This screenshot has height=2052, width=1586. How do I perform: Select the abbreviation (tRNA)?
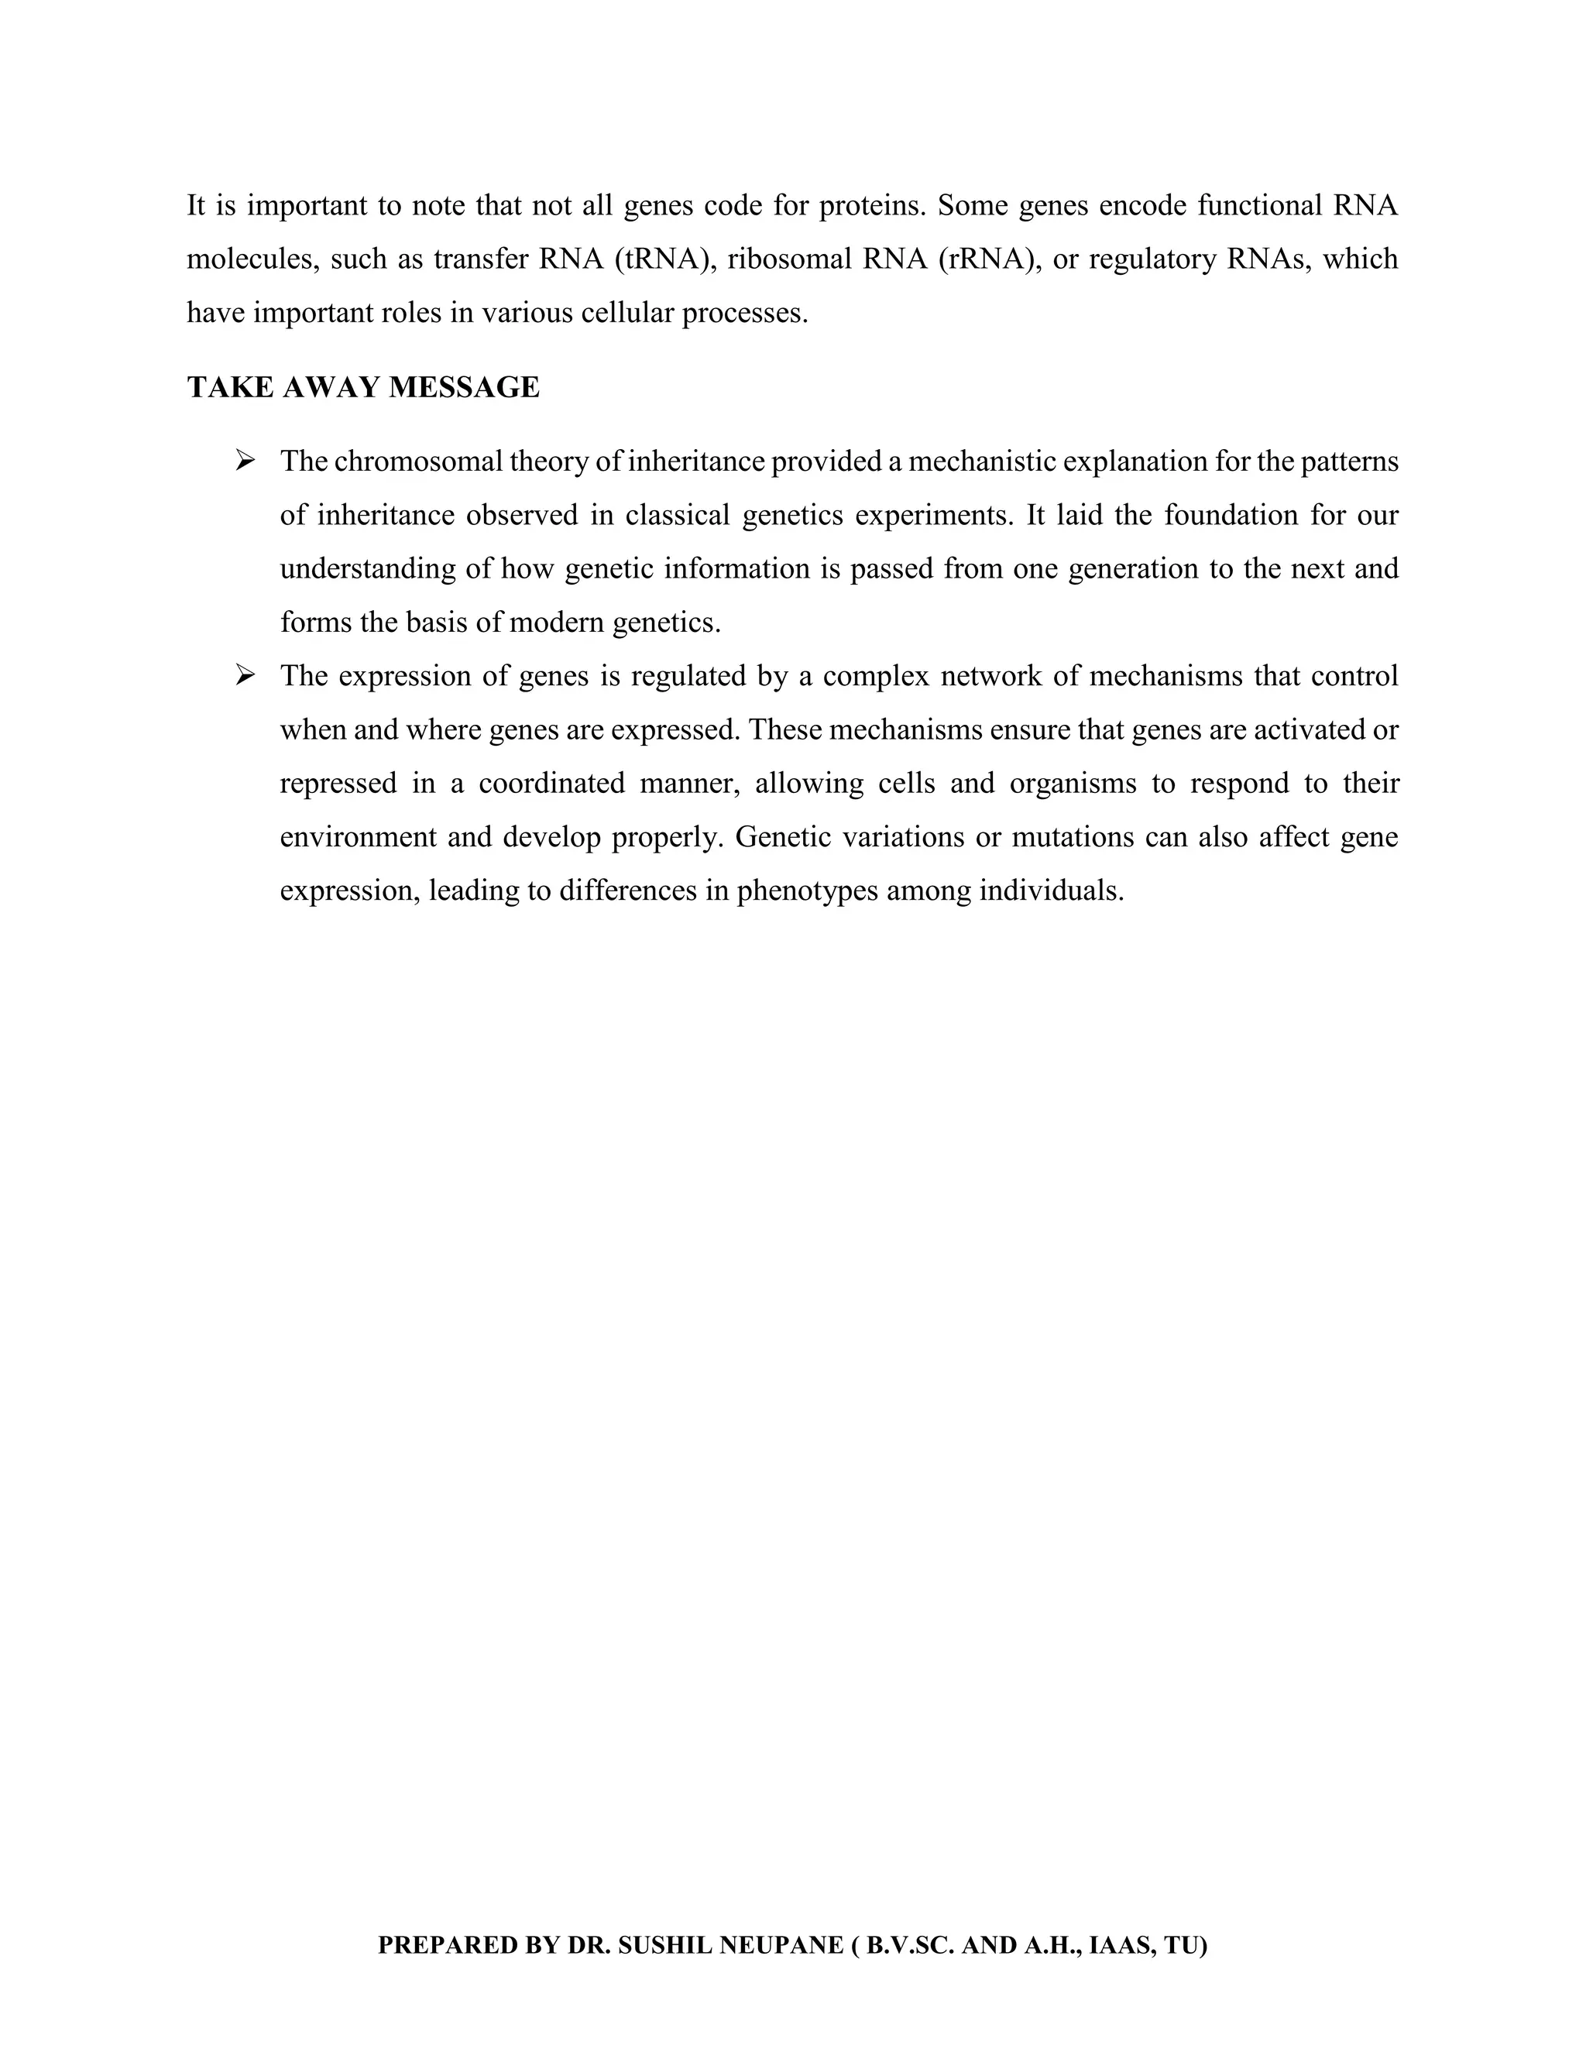coord(661,259)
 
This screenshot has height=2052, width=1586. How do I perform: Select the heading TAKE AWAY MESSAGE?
coord(364,387)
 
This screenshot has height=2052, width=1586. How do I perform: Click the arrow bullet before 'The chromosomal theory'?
coord(245,461)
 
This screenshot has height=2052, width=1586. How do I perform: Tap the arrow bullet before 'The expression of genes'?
coord(245,674)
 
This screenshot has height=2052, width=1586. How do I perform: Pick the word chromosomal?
coord(417,462)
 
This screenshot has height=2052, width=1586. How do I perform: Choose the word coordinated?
coord(551,783)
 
